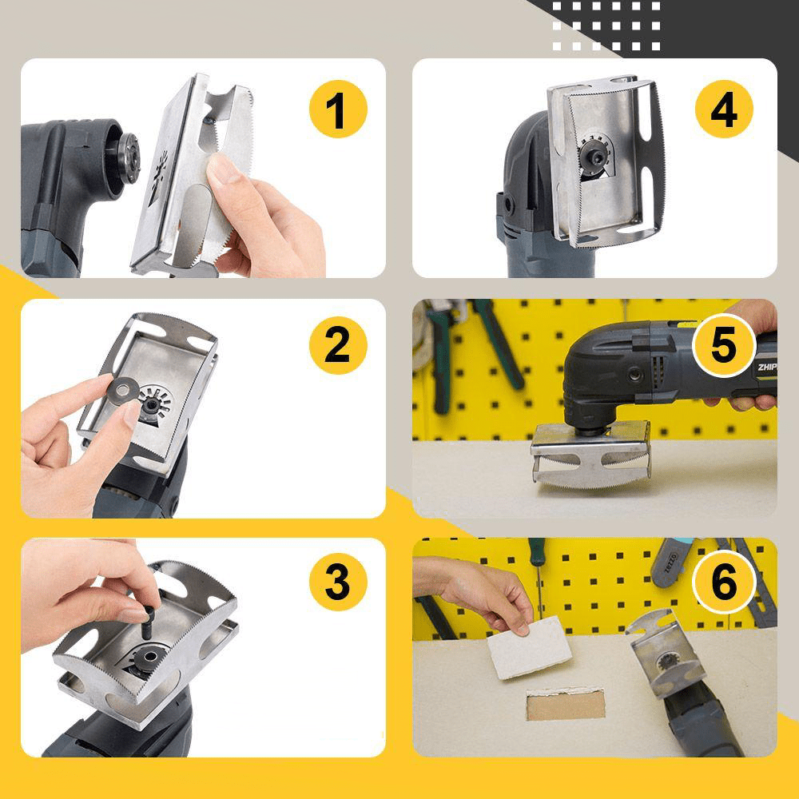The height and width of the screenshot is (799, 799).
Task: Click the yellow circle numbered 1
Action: click(338, 109)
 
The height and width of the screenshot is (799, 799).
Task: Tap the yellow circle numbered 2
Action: click(338, 345)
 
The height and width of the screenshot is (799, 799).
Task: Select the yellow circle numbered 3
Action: click(338, 583)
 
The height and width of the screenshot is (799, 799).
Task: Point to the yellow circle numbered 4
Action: click(724, 109)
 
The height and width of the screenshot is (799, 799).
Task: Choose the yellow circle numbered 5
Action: click(724, 345)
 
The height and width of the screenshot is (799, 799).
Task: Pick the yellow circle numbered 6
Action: click(724, 583)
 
